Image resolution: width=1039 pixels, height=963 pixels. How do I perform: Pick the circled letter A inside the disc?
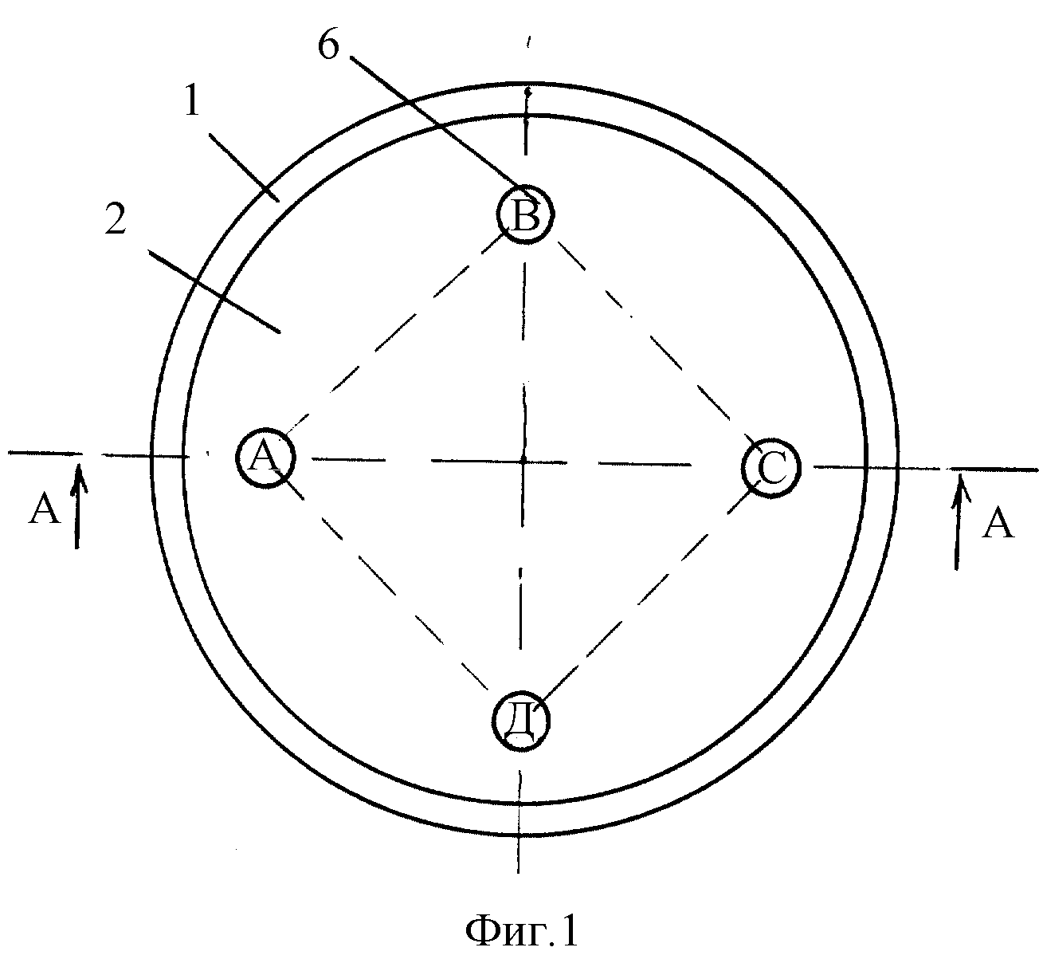pos(266,458)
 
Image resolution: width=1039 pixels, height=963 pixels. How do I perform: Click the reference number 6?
pos(328,46)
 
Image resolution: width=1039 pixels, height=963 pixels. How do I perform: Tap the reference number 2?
pos(115,219)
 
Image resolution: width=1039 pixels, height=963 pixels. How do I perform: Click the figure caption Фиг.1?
pos(522,930)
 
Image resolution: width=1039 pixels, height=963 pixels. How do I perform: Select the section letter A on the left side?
pos(44,509)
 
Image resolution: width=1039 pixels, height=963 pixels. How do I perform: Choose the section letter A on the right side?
pos(998,522)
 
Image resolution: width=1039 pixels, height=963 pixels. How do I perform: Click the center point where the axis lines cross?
pos(523,462)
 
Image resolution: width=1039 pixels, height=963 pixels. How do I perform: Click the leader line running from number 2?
pos(214,291)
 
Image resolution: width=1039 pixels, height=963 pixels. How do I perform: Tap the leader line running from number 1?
pos(245,167)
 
